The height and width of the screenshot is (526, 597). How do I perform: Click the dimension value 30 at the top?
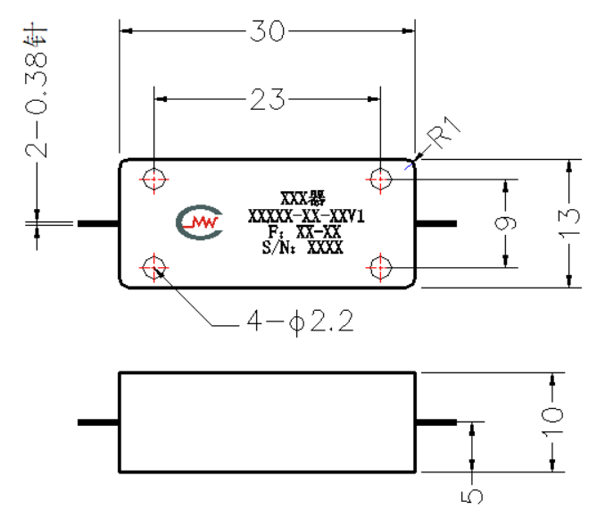[x=267, y=31]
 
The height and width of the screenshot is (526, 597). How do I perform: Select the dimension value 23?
[x=267, y=99]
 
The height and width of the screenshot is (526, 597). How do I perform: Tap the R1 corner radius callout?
[x=444, y=132]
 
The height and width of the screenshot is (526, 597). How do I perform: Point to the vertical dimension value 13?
[x=569, y=223]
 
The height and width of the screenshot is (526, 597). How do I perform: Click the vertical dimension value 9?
[x=505, y=223]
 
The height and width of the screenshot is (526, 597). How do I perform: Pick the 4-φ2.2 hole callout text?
[x=301, y=321]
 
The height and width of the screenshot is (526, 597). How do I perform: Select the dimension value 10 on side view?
[x=552, y=422]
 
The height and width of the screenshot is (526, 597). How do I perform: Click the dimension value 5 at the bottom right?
[x=472, y=497]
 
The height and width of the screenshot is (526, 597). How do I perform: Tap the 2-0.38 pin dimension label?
[x=37, y=90]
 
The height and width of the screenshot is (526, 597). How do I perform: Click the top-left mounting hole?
[x=153, y=180]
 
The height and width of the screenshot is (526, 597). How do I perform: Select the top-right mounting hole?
[x=380, y=180]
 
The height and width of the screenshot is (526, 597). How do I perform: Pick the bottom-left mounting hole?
[x=153, y=268]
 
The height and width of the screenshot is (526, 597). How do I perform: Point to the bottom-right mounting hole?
[x=380, y=268]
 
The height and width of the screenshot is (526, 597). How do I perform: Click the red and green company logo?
[x=199, y=222]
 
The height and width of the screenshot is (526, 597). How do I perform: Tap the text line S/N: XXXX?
[x=303, y=247]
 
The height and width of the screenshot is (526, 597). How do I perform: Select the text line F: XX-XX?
[x=304, y=232]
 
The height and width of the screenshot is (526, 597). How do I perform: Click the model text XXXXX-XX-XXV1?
[x=306, y=216]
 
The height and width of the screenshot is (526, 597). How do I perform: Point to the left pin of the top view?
[x=98, y=223]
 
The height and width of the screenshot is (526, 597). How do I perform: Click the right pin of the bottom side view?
[x=436, y=422]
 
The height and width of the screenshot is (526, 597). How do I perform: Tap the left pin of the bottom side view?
[x=98, y=422]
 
